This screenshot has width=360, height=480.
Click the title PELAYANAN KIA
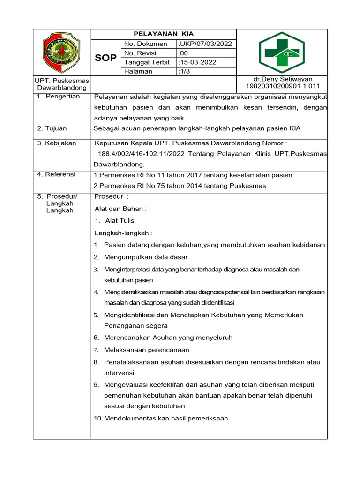tap(164, 34)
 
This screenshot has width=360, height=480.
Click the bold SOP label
tap(106, 58)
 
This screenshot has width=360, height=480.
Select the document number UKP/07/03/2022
tap(205, 44)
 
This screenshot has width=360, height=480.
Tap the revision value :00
tap(183, 53)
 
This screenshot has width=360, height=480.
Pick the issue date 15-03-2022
tap(197, 62)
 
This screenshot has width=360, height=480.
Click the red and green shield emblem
tap(62, 52)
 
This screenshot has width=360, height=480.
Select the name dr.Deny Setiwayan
tap(283, 79)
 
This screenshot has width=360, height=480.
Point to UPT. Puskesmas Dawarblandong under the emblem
tap(62, 84)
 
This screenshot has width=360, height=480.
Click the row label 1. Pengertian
tap(59, 97)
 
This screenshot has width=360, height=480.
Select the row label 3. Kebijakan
tap(56, 143)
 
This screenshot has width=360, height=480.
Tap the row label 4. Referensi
tap(56, 174)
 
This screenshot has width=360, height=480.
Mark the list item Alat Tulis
tap(120, 221)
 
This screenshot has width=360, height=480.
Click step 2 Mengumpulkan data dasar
tap(146, 257)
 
